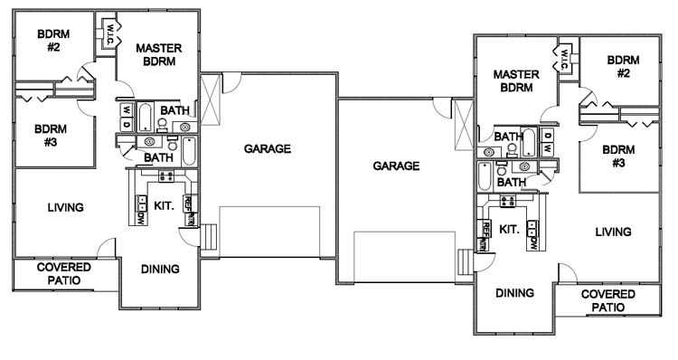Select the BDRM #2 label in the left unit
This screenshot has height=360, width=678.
[x=51, y=40]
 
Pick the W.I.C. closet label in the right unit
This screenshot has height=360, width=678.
[x=563, y=60]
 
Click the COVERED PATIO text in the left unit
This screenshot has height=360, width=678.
[x=59, y=274]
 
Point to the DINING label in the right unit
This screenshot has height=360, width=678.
[x=513, y=292]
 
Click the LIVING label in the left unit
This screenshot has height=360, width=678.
[x=65, y=208]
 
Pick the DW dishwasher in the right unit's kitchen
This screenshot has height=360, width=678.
[x=533, y=239]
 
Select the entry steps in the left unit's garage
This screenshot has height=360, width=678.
[x=210, y=238]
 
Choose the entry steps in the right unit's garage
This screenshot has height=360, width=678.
[x=465, y=262]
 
